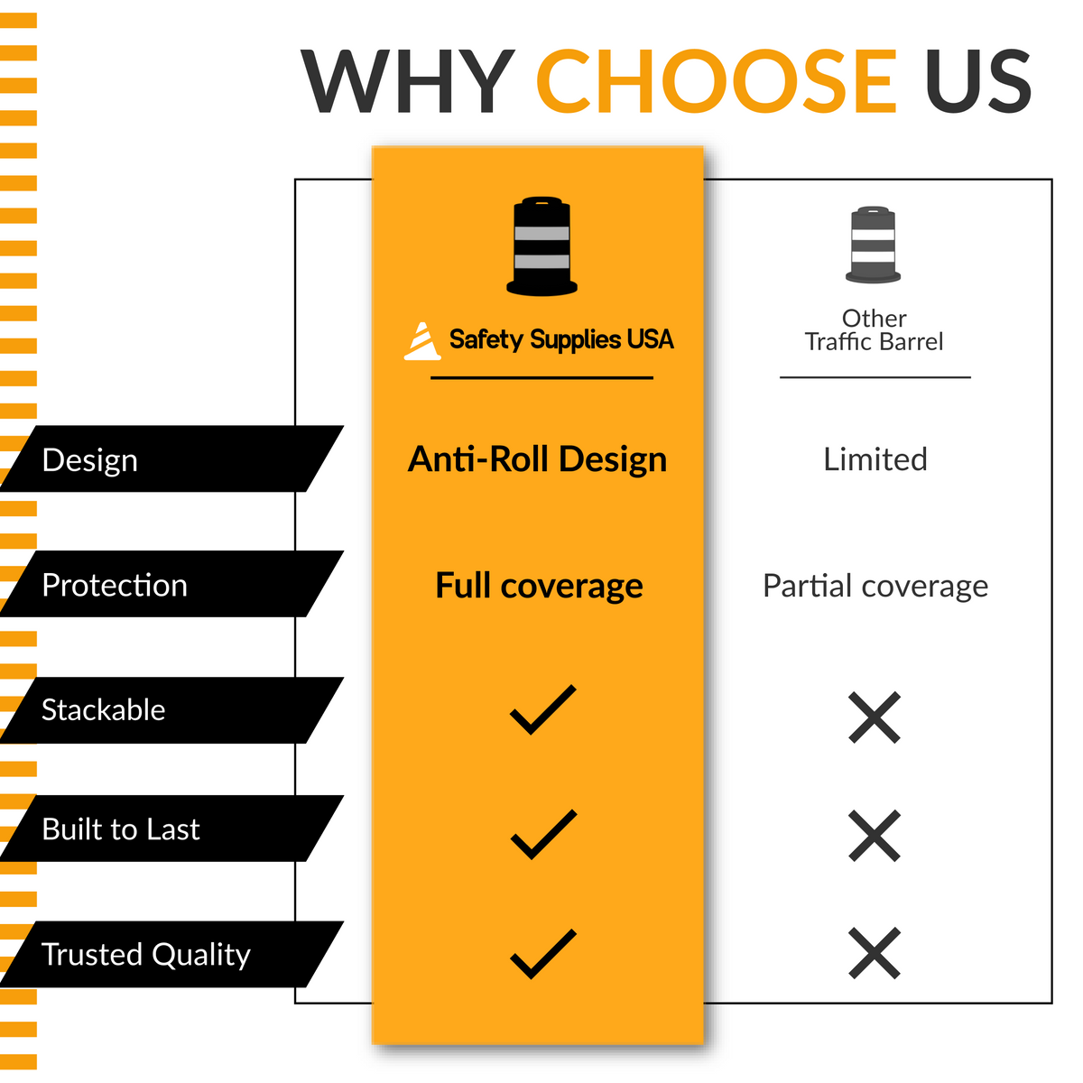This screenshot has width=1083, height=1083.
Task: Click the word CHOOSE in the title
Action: click(717, 81)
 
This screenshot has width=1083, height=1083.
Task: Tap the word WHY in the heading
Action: click(407, 81)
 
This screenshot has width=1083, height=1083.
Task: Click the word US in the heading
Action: click(978, 81)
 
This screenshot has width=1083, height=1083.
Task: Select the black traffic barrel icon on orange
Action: click(541, 245)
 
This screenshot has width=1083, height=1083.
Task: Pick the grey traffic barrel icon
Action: click(873, 245)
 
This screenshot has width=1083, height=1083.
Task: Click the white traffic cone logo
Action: click(422, 340)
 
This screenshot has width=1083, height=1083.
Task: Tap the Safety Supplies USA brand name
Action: click(561, 339)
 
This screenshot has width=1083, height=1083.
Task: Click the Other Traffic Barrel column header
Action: click(874, 330)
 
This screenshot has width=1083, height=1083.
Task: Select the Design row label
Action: click(90, 461)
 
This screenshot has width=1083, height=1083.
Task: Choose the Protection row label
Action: click(115, 585)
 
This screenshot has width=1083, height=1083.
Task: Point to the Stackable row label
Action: click(104, 710)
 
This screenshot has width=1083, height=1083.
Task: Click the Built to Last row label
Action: click(121, 829)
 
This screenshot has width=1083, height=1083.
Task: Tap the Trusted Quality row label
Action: click(146, 955)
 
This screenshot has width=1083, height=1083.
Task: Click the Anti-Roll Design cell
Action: click(537, 459)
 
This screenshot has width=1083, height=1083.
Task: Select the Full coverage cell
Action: click(539, 586)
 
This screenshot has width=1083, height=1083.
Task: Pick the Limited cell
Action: click(875, 459)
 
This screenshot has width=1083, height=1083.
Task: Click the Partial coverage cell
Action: click(875, 587)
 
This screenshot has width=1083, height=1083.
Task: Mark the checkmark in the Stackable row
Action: click(543, 710)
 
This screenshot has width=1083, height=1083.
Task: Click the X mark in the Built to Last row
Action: click(875, 836)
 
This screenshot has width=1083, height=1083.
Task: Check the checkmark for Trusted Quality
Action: click(543, 954)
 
